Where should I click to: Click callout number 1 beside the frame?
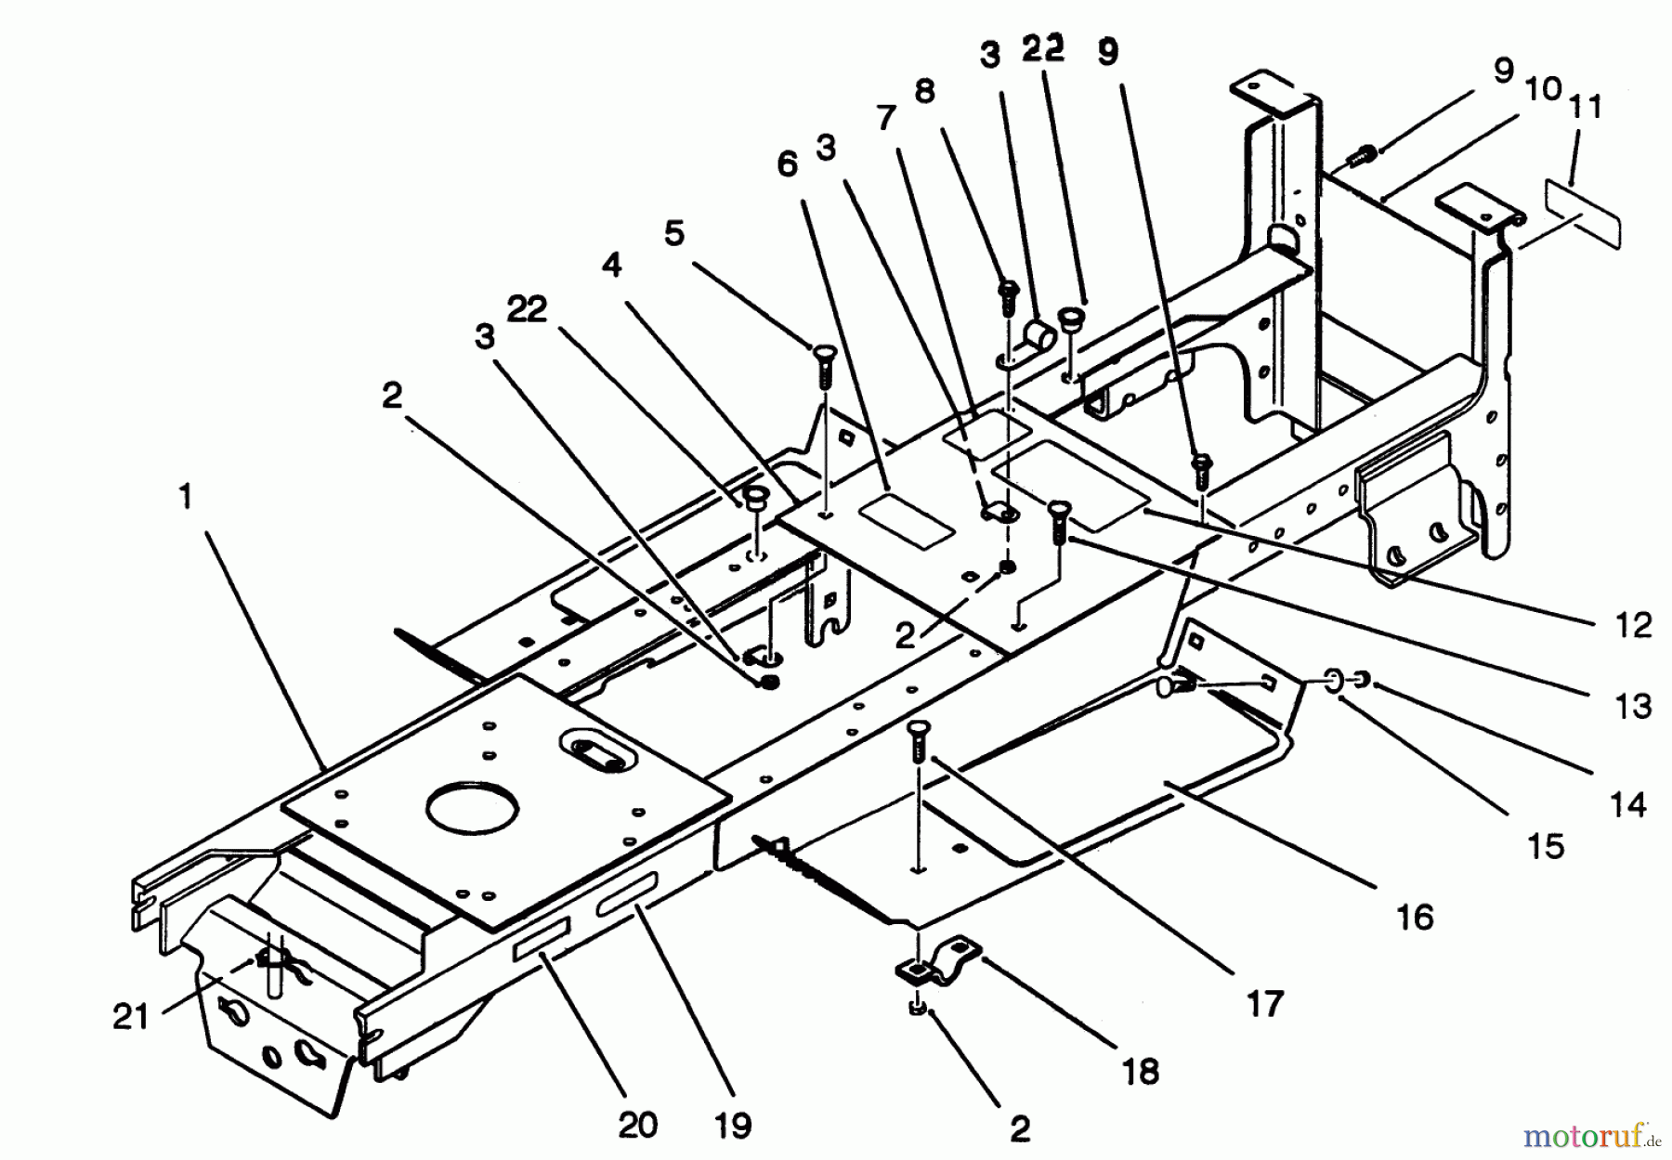pyautogui.click(x=186, y=496)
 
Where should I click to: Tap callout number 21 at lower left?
pyautogui.click(x=130, y=1016)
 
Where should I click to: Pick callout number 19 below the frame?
pyautogui.click(x=733, y=1125)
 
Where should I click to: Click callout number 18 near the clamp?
pyautogui.click(x=1141, y=1071)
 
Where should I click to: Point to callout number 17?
pyautogui.click(x=1265, y=1003)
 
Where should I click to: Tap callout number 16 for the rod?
pyautogui.click(x=1415, y=918)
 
